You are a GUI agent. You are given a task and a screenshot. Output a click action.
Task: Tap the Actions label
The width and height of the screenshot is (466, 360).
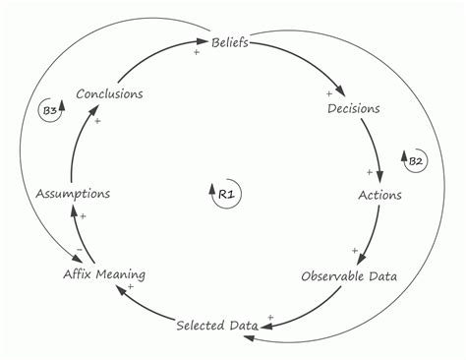pyautogui.click(x=379, y=194)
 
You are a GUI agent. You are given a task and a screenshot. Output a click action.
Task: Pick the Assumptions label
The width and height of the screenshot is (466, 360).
pyautogui.click(x=74, y=194)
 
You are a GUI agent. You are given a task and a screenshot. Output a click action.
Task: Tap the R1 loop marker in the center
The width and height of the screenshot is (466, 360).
pyautogui.click(x=225, y=194)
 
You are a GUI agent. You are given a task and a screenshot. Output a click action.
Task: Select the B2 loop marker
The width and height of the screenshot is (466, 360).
pyautogui.click(x=415, y=160)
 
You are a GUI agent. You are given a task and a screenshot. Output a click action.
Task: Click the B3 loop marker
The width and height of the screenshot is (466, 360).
pyautogui.click(x=50, y=111)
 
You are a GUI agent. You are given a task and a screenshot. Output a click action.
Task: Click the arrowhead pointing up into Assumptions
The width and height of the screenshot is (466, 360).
pyautogui.click(x=75, y=208)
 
